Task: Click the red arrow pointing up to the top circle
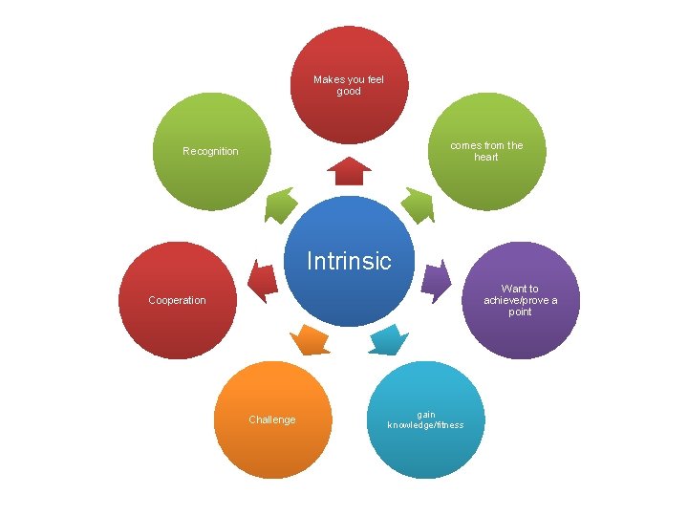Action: pyautogui.click(x=349, y=171)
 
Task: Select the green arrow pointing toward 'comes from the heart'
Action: pyautogui.click(x=417, y=205)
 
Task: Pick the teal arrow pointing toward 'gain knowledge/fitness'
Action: pyautogui.click(x=389, y=338)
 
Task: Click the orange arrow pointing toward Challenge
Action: pyautogui.click(x=309, y=339)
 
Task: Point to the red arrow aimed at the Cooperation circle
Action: pyautogui.click(x=262, y=280)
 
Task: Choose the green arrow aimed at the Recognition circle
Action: pyautogui.click(x=280, y=204)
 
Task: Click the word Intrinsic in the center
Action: pyautogui.click(x=349, y=261)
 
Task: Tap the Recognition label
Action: pyautogui.click(x=210, y=151)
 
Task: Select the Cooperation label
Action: pyautogui.click(x=177, y=300)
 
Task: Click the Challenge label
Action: pyautogui.click(x=272, y=419)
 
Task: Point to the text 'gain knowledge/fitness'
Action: pyautogui.click(x=425, y=419)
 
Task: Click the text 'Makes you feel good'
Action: pyautogui.click(x=349, y=85)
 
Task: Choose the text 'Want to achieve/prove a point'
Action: pyautogui.click(x=520, y=300)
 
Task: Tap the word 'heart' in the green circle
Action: pyautogui.click(x=486, y=157)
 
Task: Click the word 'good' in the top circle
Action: pyautogui.click(x=349, y=92)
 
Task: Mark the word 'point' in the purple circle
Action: pyautogui.click(x=520, y=312)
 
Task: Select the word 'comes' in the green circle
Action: pyautogui.click(x=467, y=145)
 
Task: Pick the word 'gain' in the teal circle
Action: pyautogui.click(x=425, y=414)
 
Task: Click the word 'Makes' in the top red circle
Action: pyautogui.click(x=329, y=79)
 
